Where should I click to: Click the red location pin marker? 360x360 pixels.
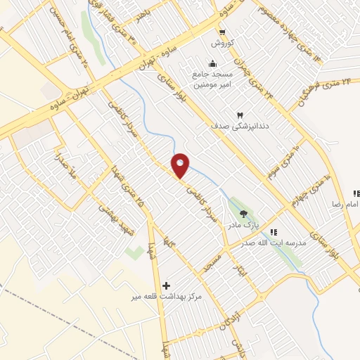pyautogui.click(x=181, y=165)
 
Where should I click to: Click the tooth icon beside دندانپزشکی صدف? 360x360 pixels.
pyautogui.click(x=240, y=115)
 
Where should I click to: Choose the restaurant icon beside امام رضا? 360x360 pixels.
pyautogui.click(x=356, y=193)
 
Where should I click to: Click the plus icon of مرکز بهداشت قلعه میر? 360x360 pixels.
pyautogui.click(x=166, y=285)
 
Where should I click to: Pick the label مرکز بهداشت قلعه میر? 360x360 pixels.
pyautogui.click(x=167, y=297)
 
